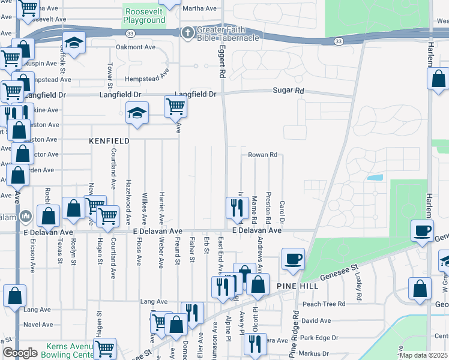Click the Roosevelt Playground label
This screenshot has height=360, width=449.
pos(144,16)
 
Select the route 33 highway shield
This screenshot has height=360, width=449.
pos(339,41)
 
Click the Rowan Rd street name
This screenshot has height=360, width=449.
pos(262,155)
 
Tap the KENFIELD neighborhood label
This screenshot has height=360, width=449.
pos(109,141)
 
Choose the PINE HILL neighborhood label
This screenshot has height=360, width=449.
pos(297,287)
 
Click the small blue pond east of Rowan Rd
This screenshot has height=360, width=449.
pos(374,178)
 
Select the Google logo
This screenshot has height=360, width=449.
pos(20,353)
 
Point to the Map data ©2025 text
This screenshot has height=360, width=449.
pos(423,355)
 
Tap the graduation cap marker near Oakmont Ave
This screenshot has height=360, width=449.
pos(74,43)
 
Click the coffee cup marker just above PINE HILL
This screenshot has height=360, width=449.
pos(293,259)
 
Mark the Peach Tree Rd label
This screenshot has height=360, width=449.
pos(324,304)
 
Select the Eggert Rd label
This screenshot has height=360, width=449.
pos(222,62)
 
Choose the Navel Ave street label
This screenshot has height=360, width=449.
pos(38,325)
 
